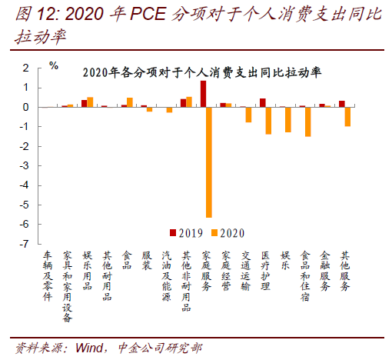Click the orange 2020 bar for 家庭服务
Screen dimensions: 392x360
click(x=209, y=162)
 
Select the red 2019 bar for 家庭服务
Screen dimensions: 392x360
click(x=203, y=94)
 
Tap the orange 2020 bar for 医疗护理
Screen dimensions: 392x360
click(x=268, y=121)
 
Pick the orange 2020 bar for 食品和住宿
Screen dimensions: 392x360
click(x=308, y=122)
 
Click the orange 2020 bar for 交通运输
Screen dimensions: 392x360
click(x=248, y=115)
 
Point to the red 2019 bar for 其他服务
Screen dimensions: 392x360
click(x=342, y=104)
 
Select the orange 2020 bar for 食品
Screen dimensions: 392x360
click(x=130, y=102)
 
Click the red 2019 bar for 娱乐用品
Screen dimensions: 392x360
click(x=85, y=104)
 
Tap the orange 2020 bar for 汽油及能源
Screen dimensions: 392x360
click(x=169, y=110)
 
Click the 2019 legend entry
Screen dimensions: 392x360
click(x=186, y=233)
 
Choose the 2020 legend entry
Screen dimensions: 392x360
click(x=228, y=233)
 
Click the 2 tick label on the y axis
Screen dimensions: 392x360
click(x=25, y=68)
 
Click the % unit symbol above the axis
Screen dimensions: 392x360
click(x=54, y=66)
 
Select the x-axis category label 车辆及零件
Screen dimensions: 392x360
click(x=48, y=276)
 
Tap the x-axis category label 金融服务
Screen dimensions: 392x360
click(x=325, y=271)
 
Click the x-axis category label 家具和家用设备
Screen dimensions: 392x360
click(x=68, y=286)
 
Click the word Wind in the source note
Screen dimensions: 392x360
click(x=89, y=348)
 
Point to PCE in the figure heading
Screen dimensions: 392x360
click(x=148, y=13)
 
